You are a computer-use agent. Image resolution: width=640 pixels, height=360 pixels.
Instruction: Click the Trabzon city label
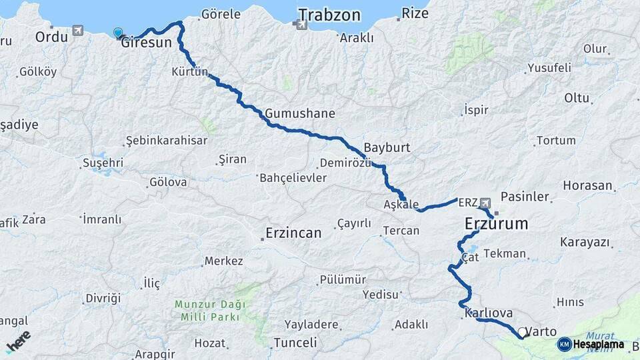click(x=329, y=15)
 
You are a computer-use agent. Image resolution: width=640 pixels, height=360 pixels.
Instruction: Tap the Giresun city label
click(x=147, y=42)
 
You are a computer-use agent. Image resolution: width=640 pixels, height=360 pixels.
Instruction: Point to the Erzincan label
click(x=293, y=233)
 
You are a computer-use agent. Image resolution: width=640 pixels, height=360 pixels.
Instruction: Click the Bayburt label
click(x=387, y=147)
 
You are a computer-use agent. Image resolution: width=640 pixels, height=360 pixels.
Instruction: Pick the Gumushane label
click(x=299, y=113)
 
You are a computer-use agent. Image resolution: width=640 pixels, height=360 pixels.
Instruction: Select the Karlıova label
click(x=489, y=312)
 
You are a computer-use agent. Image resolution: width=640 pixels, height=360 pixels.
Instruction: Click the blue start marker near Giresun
click(x=118, y=33)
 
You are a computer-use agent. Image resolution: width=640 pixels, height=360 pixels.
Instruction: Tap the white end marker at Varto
click(x=521, y=331)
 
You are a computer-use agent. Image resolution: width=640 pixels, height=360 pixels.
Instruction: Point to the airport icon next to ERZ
click(x=485, y=202)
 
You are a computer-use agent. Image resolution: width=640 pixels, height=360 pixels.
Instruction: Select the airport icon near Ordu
click(x=79, y=31)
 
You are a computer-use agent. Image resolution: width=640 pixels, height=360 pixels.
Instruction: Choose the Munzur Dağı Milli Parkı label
click(x=210, y=311)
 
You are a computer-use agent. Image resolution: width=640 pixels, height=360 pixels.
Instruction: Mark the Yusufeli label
click(x=549, y=67)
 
